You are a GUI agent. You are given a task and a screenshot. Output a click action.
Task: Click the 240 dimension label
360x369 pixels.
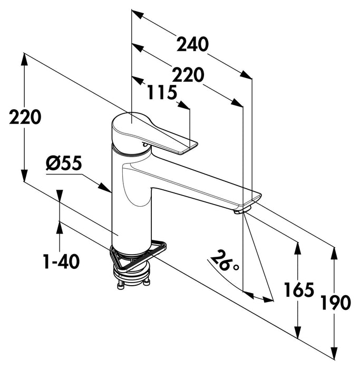click(192, 44)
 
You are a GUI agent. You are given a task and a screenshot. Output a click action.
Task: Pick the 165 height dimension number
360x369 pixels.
click(299, 289)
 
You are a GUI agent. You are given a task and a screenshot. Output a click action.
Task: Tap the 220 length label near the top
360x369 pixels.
click(188, 76)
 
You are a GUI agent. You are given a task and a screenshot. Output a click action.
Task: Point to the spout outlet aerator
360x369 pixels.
click(240, 211)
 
